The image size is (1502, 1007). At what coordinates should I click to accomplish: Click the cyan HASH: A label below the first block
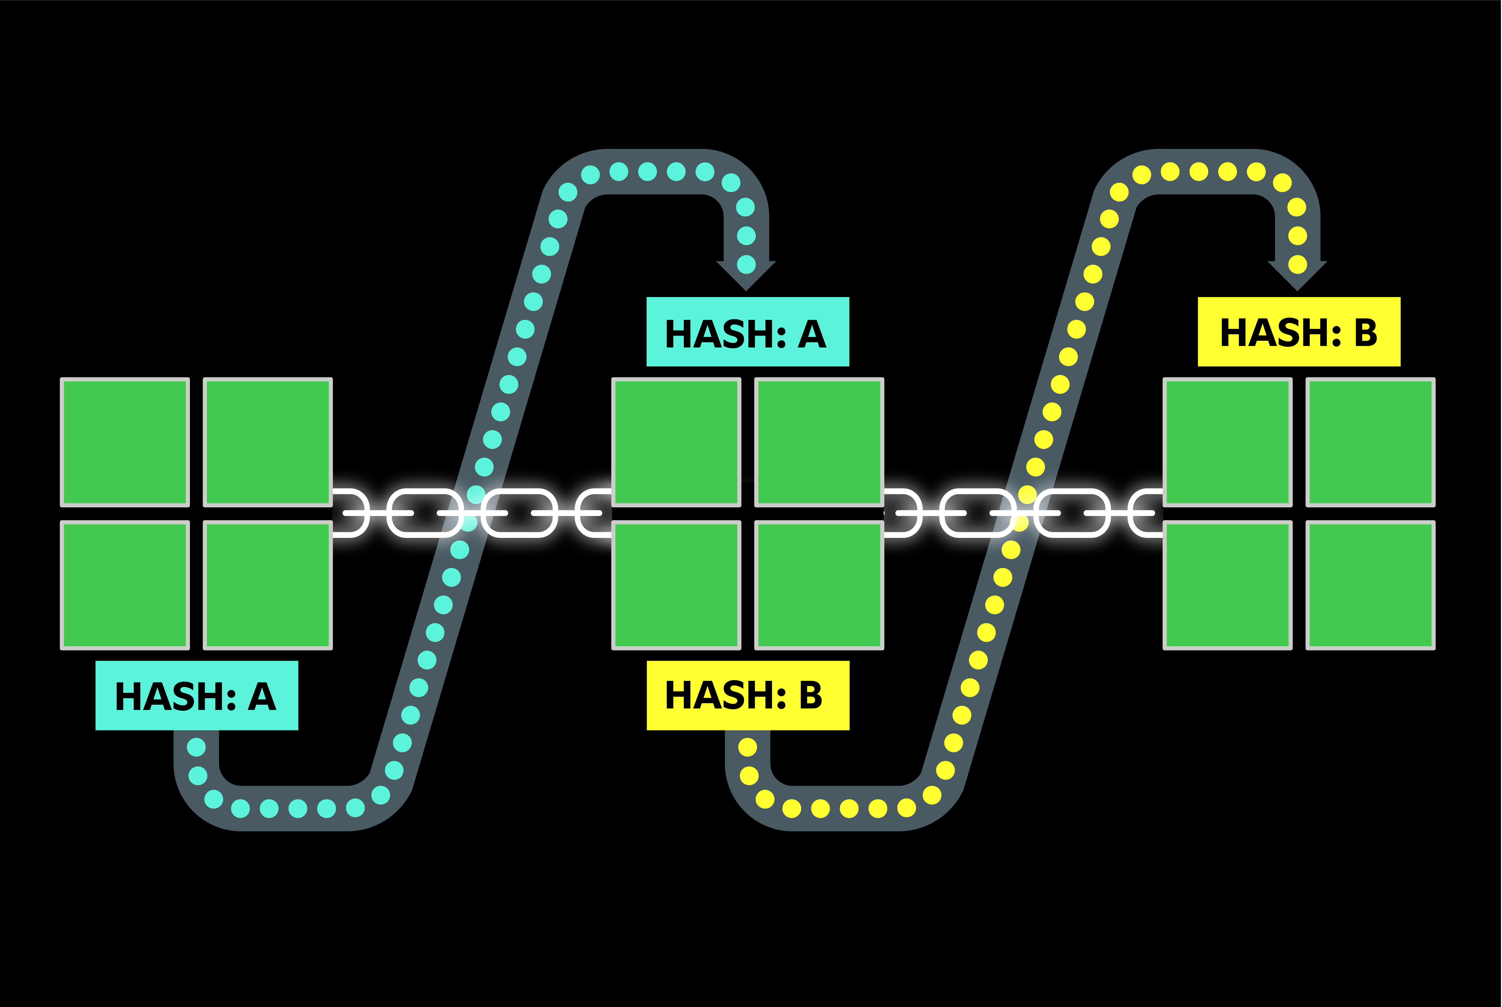[x=196, y=695]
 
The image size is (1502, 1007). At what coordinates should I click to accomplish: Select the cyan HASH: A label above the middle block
[x=748, y=332]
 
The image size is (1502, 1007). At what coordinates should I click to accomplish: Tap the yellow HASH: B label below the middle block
[x=748, y=695]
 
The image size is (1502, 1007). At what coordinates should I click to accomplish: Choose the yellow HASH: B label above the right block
[x=1298, y=332]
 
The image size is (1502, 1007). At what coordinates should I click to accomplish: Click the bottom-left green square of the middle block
[x=676, y=585]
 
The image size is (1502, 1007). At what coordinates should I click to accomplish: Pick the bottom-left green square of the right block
[x=1227, y=585]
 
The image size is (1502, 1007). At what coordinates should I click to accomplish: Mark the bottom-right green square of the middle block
[x=819, y=585]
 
